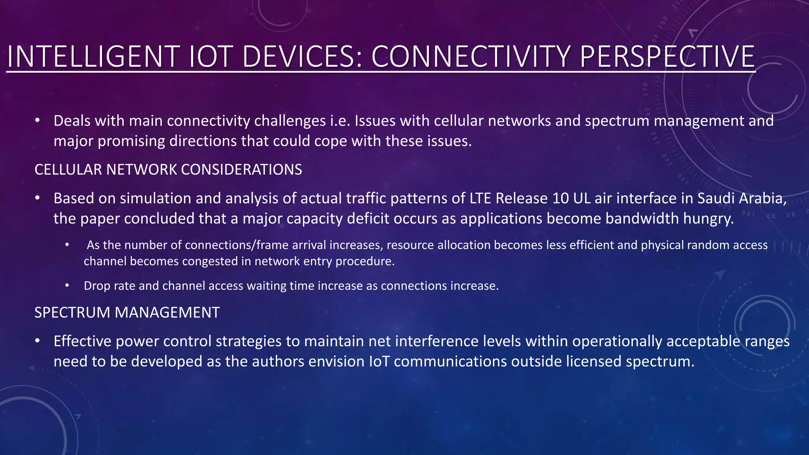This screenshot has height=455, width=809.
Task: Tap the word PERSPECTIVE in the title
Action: pos(667,57)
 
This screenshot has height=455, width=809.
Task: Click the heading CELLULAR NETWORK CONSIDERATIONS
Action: pos(168,170)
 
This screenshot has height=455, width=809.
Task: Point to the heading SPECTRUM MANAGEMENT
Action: pos(127,313)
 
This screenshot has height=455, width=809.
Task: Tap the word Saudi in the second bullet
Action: pos(716,198)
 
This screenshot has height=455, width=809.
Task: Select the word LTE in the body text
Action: pos(480,198)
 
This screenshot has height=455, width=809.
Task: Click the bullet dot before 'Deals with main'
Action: pos(37,120)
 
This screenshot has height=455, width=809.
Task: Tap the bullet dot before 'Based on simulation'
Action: pos(37,198)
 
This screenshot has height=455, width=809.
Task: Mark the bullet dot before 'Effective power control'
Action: pos(37,341)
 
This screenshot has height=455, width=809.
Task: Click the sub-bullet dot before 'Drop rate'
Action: pos(68,285)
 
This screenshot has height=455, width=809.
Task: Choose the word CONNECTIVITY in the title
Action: pos(470,57)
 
